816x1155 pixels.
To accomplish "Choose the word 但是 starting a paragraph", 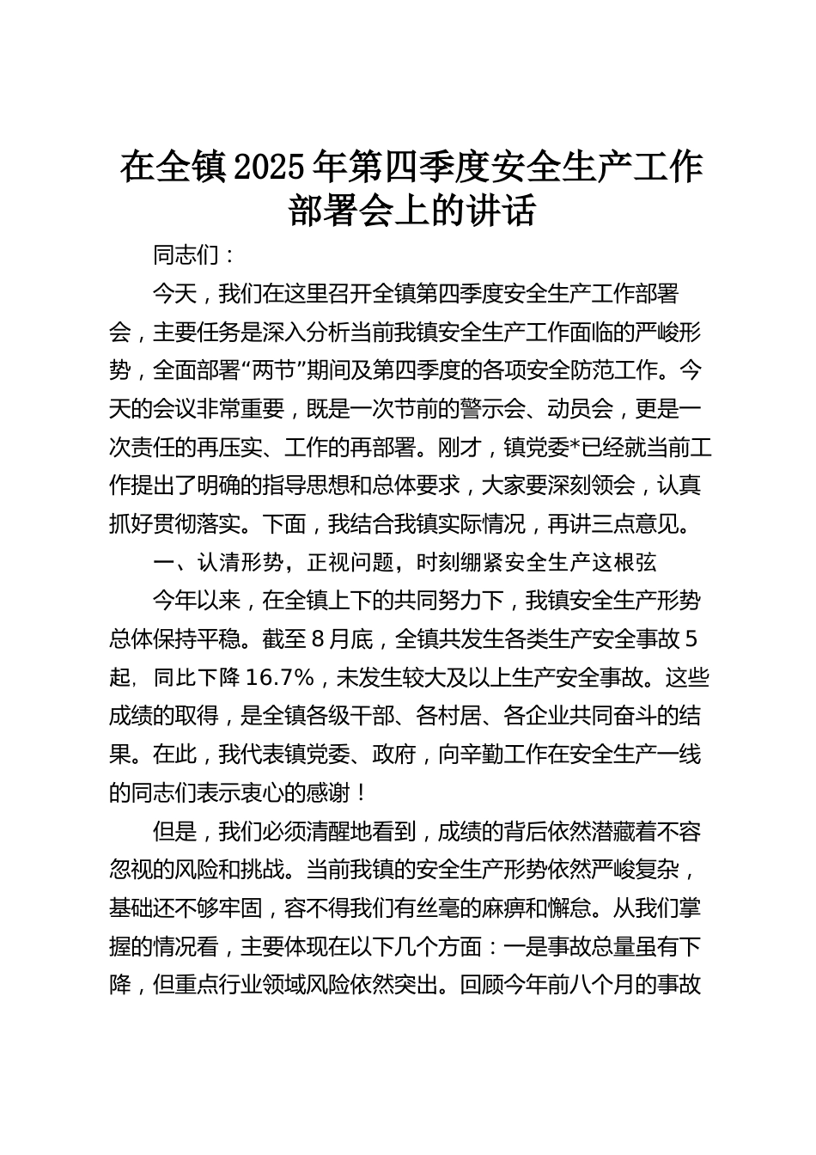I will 174,831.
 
